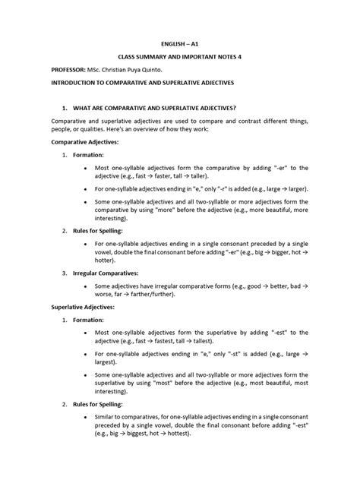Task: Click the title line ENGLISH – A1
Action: [179, 45]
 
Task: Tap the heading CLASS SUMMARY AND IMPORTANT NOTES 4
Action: [179, 58]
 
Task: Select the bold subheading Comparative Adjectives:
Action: [85, 142]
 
